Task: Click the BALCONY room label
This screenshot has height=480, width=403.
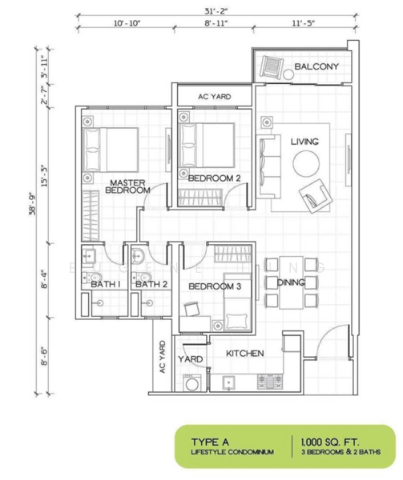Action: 316,66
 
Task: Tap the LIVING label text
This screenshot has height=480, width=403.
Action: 304,142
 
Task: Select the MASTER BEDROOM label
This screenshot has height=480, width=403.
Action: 129,186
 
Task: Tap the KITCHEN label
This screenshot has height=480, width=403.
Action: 245,353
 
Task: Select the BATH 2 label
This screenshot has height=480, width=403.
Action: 151,284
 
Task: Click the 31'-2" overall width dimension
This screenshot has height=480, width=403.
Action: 212,10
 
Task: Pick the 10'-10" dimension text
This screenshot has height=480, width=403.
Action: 127,24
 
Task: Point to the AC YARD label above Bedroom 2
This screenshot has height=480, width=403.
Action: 215,97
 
